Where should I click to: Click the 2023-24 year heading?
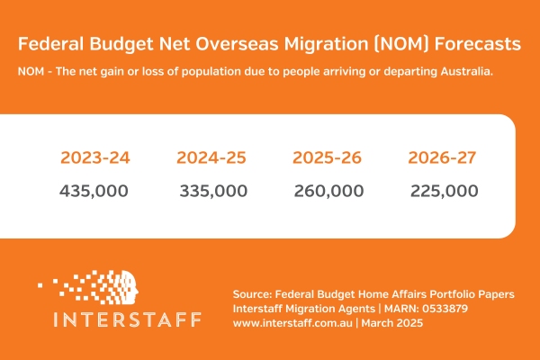click(95, 157)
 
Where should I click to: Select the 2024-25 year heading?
click(211, 157)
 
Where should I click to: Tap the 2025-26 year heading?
click(328, 157)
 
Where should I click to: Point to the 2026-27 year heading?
click(443, 157)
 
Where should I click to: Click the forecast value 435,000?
click(94, 191)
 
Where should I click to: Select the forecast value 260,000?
click(328, 191)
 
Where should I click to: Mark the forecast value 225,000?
click(444, 191)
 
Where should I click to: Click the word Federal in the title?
click(52, 44)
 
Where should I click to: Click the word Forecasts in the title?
click(473, 44)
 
